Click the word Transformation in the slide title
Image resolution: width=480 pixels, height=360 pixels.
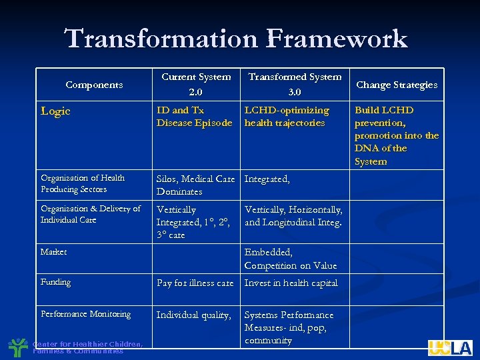[158, 39]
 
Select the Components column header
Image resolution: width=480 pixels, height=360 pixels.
[94, 85]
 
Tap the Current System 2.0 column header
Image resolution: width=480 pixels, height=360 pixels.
[196, 84]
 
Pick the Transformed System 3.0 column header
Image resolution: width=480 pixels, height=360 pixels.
[295, 84]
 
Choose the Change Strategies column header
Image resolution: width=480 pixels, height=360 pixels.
[397, 85]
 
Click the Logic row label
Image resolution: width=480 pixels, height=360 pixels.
[55, 111]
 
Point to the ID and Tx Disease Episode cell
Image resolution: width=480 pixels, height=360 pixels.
[194, 117]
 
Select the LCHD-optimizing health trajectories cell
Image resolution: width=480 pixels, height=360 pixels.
[287, 117]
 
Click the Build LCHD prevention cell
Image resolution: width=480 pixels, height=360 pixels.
[396, 135]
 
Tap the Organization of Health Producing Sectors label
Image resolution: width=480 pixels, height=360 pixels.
[82, 183]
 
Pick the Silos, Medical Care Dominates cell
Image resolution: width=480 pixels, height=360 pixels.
[195, 185]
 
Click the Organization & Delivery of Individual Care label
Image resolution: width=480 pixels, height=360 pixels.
[90, 214]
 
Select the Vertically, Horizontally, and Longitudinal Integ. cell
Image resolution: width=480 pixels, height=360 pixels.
[293, 216]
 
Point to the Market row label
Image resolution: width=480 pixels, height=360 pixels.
[53, 252]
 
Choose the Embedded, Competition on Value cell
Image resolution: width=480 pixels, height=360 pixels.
[291, 259]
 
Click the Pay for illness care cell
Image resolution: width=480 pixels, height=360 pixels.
[195, 283]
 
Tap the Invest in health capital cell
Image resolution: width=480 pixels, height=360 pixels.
[291, 283]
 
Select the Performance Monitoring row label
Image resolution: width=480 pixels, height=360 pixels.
[85, 314]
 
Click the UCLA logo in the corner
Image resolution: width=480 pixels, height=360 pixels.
[450, 347]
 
